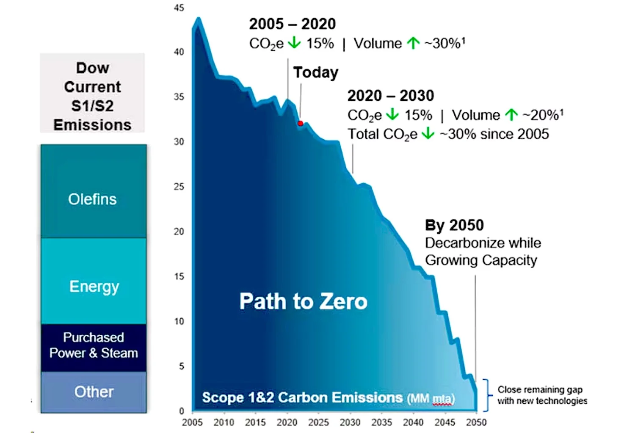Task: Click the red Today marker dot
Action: (300, 124)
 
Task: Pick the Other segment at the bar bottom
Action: (93, 392)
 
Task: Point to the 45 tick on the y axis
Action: (179, 8)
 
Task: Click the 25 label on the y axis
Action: (179, 187)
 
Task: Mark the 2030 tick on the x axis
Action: (350, 422)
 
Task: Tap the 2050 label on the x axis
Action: (476, 422)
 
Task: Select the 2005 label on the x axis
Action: (193, 422)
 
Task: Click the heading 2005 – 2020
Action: (292, 24)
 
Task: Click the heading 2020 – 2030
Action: (390, 96)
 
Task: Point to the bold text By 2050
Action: (454, 225)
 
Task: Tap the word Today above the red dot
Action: (316, 72)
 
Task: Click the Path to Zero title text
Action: (303, 301)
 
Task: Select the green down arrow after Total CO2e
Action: (428, 134)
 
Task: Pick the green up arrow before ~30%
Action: (413, 43)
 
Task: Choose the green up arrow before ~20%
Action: (511, 115)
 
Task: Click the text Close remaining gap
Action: (540, 389)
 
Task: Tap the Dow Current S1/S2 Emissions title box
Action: (92, 96)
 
